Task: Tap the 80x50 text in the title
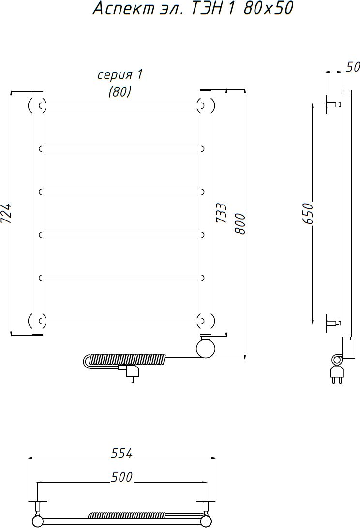[269, 8]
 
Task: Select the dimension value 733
[221, 213]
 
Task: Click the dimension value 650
[308, 213]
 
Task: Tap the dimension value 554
[121, 453]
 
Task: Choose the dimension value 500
[121, 477]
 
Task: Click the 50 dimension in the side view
[353, 67]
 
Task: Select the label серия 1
[120, 75]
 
